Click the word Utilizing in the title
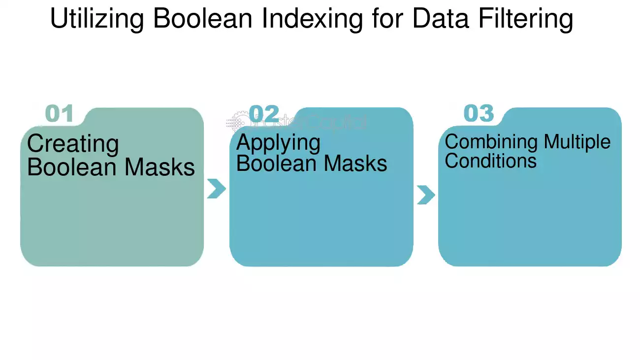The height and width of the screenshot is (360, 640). point(97,19)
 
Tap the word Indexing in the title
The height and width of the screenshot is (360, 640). point(312,19)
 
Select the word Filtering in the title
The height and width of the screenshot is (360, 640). point(526,19)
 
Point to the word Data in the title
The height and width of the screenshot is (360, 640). point(441,18)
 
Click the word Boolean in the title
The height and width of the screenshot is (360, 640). point(203,18)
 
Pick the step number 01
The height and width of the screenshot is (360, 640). point(60,113)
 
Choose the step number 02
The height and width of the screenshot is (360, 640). point(264,113)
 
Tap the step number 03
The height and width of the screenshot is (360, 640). point(479,113)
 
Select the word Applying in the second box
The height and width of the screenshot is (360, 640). point(278,143)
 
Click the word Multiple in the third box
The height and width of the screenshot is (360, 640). point(577,142)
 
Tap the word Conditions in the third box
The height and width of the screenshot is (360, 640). point(490,161)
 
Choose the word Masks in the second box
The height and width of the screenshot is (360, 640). point(355,163)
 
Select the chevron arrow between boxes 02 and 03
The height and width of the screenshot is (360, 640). point(426,195)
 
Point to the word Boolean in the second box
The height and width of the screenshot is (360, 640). point(277,163)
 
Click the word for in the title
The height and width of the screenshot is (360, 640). point(387,18)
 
